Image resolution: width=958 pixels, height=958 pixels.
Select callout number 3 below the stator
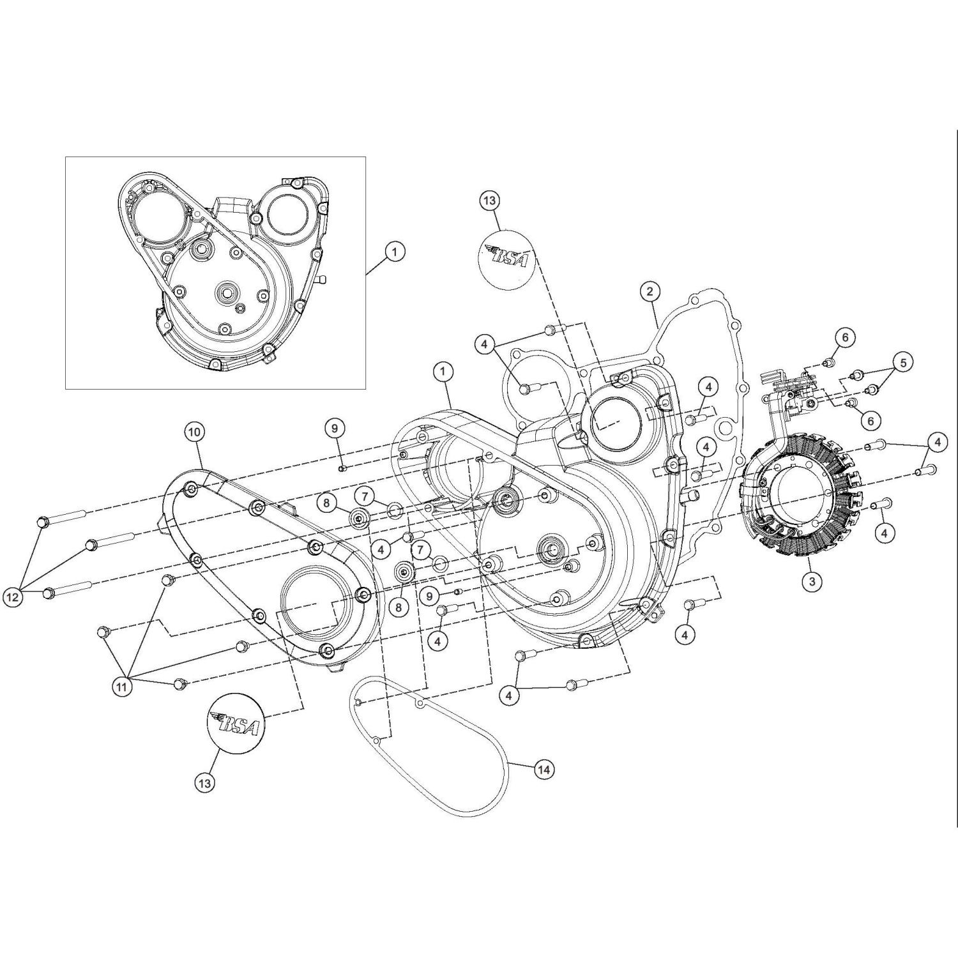pyautogui.click(x=812, y=581)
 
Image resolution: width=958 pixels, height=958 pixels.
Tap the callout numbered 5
pyautogui.click(x=903, y=363)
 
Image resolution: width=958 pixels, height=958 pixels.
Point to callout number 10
pyautogui.click(x=195, y=432)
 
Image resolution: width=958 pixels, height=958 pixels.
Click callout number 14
pyautogui.click(x=544, y=770)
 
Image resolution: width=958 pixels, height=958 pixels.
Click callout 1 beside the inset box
pyautogui.click(x=395, y=252)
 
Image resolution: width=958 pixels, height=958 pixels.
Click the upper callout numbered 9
pyautogui.click(x=335, y=429)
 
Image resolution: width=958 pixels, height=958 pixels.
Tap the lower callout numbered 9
pyautogui.click(x=429, y=596)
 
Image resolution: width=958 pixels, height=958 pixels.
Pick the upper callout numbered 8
pyautogui.click(x=326, y=503)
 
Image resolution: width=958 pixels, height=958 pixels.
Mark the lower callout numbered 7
pyautogui.click(x=420, y=549)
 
